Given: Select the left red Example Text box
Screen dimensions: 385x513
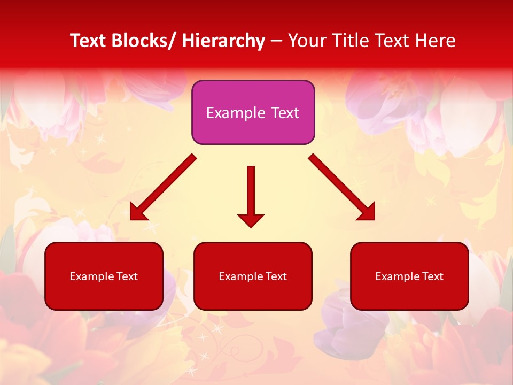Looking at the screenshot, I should coord(104,276).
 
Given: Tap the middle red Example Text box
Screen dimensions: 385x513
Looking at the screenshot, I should coord(253,276).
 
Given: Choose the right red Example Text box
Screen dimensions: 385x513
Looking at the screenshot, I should coord(409,276).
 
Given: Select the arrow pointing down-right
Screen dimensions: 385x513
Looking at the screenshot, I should coord(342,187).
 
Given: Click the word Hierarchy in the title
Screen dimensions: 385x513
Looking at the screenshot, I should coord(223,41).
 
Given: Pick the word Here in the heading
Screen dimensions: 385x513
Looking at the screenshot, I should coord(436,41).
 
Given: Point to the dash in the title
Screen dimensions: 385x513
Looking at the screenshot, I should coord(276,41).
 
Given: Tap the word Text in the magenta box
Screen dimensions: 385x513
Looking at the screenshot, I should coord(284,113).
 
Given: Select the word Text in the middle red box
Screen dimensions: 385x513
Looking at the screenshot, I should coord(275,276).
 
